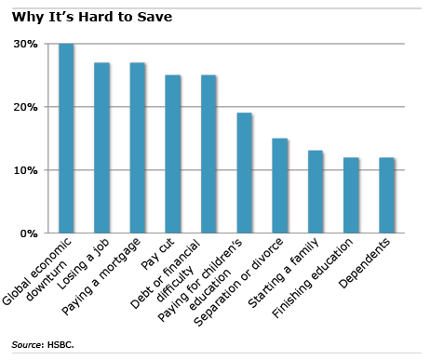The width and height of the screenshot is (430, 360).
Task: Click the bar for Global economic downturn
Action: (66, 139)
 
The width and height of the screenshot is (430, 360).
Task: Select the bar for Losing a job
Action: (102, 148)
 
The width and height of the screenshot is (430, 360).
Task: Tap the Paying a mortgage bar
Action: (138, 148)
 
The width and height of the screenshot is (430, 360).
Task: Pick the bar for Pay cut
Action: (173, 154)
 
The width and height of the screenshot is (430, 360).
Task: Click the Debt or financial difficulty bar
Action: (208, 154)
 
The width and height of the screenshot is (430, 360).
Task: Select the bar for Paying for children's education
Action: (244, 173)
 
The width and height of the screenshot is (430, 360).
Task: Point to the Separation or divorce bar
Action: (280, 186)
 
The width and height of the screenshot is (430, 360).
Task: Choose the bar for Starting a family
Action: (316, 192)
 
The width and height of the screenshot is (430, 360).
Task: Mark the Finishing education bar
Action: (351, 195)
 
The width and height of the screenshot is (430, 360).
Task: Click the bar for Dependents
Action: (386, 195)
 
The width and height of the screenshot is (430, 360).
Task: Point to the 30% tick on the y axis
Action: (25, 45)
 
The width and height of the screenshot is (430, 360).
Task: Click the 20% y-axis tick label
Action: (25, 108)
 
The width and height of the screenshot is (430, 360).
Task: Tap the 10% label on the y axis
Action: (25, 170)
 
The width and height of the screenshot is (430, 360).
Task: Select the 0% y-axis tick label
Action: (29, 233)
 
